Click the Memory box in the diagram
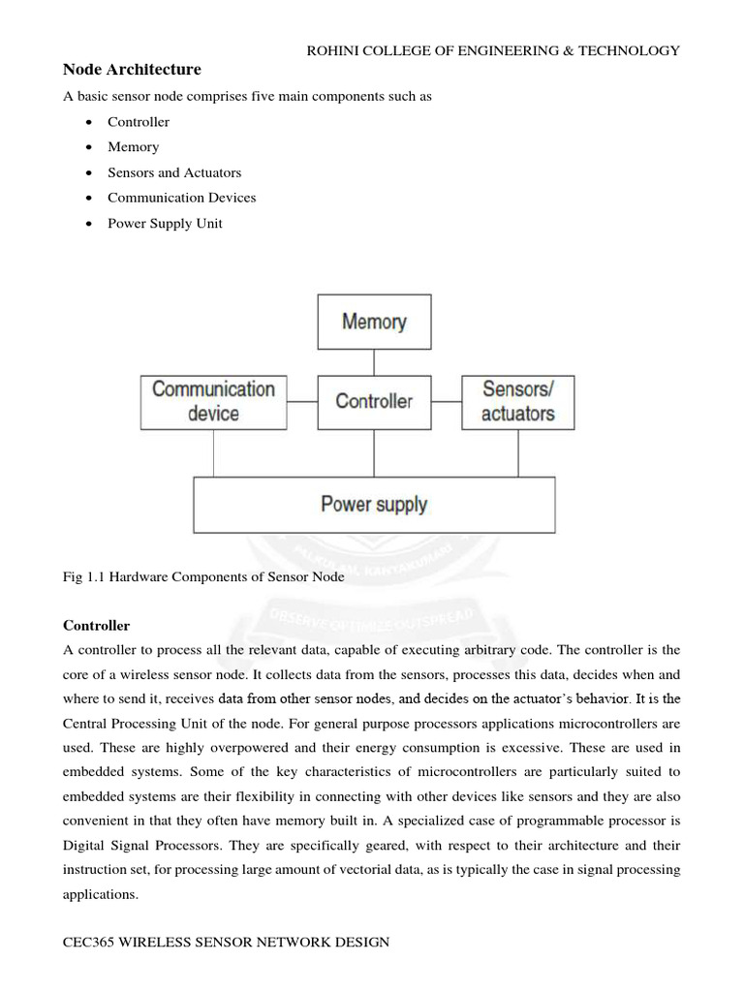(x=374, y=322)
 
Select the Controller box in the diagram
(x=374, y=401)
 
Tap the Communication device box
(x=213, y=401)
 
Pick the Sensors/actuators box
(x=517, y=401)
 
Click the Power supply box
(x=374, y=505)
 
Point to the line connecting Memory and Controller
(x=374, y=362)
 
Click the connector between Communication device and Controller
(x=301, y=401)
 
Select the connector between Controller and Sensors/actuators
(x=446, y=401)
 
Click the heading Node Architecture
(x=132, y=70)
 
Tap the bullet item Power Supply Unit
(x=165, y=223)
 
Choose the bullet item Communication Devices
(x=181, y=198)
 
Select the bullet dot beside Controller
(x=89, y=122)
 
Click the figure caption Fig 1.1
(x=203, y=575)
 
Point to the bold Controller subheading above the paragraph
(x=96, y=626)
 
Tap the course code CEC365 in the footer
(x=91, y=942)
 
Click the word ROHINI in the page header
(x=333, y=50)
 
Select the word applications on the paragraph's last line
(x=101, y=895)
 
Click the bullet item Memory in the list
(x=133, y=147)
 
